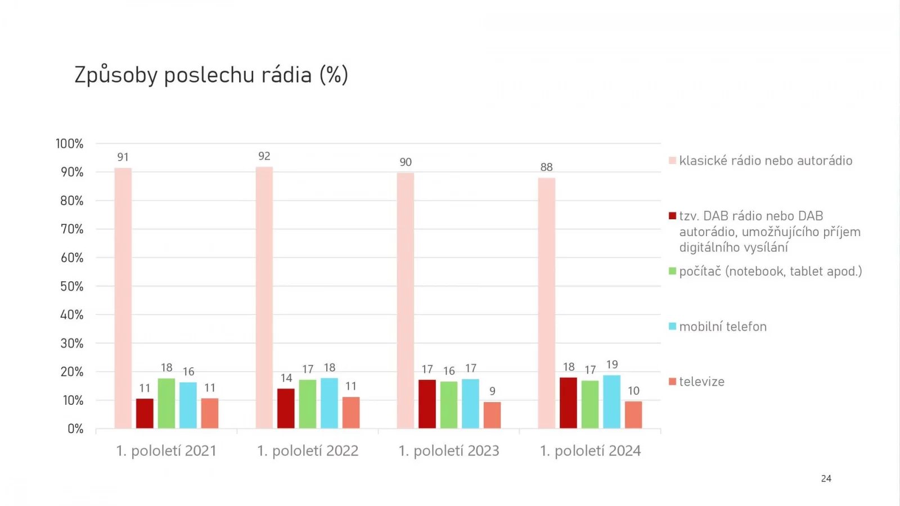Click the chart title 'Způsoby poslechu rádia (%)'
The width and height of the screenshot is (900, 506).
(x=211, y=75)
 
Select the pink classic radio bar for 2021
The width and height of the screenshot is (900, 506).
(x=123, y=298)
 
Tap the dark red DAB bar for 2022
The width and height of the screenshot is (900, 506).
(x=286, y=408)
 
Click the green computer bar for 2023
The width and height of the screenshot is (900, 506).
(x=449, y=405)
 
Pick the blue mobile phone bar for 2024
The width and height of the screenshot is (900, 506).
(x=612, y=401)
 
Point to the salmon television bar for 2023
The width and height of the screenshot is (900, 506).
(x=492, y=415)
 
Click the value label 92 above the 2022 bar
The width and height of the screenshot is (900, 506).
(x=264, y=156)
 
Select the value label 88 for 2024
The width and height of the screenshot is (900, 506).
(x=546, y=167)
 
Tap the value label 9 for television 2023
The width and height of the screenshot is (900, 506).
(x=492, y=391)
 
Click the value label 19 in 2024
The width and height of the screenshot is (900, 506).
(x=612, y=364)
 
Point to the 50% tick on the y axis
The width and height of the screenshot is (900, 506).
(x=72, y=286)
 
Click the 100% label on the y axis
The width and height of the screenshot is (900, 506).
(x=69, y=144)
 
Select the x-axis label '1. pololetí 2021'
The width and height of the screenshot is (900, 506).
(x=166, y=451)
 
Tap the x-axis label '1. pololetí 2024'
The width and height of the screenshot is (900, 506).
(x=590, y=451)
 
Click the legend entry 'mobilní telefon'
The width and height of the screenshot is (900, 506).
(x=723, y=327)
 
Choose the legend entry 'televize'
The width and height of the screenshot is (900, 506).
(x=701, y=382)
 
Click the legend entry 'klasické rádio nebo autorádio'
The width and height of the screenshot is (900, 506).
(x=766, y=161)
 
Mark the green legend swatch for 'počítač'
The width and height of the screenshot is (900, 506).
(x=672, y=272)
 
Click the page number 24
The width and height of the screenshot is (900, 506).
(x=826, y=478)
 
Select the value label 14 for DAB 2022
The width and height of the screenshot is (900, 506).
(x=286, y=378)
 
